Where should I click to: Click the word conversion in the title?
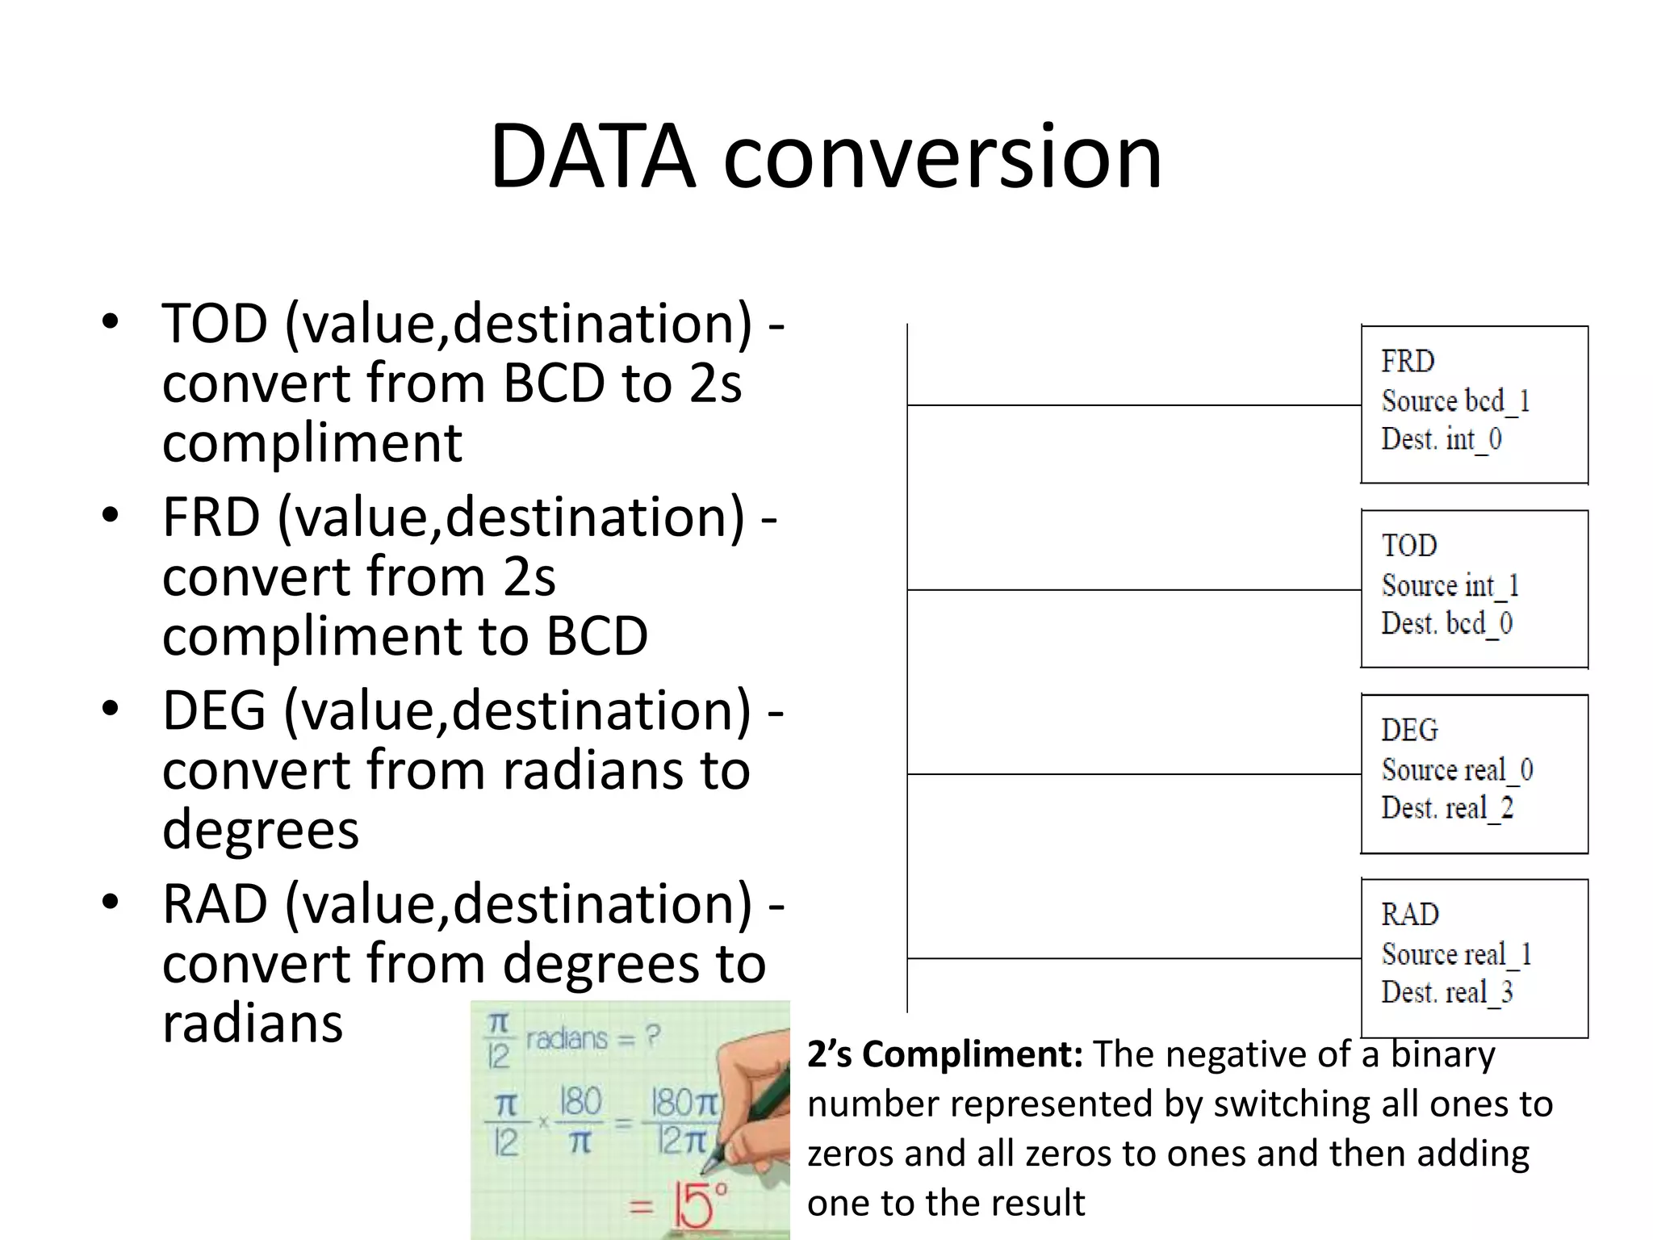click(942, 157)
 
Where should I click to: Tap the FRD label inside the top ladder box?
click(1408, 361)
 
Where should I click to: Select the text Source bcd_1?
click(1455, 400)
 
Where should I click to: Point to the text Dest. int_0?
click(1442, 439)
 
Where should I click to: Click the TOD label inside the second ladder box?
click(1409, 545)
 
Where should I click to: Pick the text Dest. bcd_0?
click(1446, 623)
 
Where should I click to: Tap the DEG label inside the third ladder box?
click(1409, 730)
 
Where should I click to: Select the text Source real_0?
click(1457, 769)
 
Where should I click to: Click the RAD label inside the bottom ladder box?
click(1409, 914)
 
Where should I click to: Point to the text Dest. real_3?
click(1446, 992)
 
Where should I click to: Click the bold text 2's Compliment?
click(944, 1054)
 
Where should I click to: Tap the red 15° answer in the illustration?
click(699, 1206)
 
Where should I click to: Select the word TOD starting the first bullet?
click(215, 323)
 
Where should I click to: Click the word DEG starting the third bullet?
click(214, 710)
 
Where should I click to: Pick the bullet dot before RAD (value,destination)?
click(111, 902)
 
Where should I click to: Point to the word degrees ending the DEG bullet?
click(260, 829)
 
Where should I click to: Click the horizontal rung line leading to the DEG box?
click(1130, 774)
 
